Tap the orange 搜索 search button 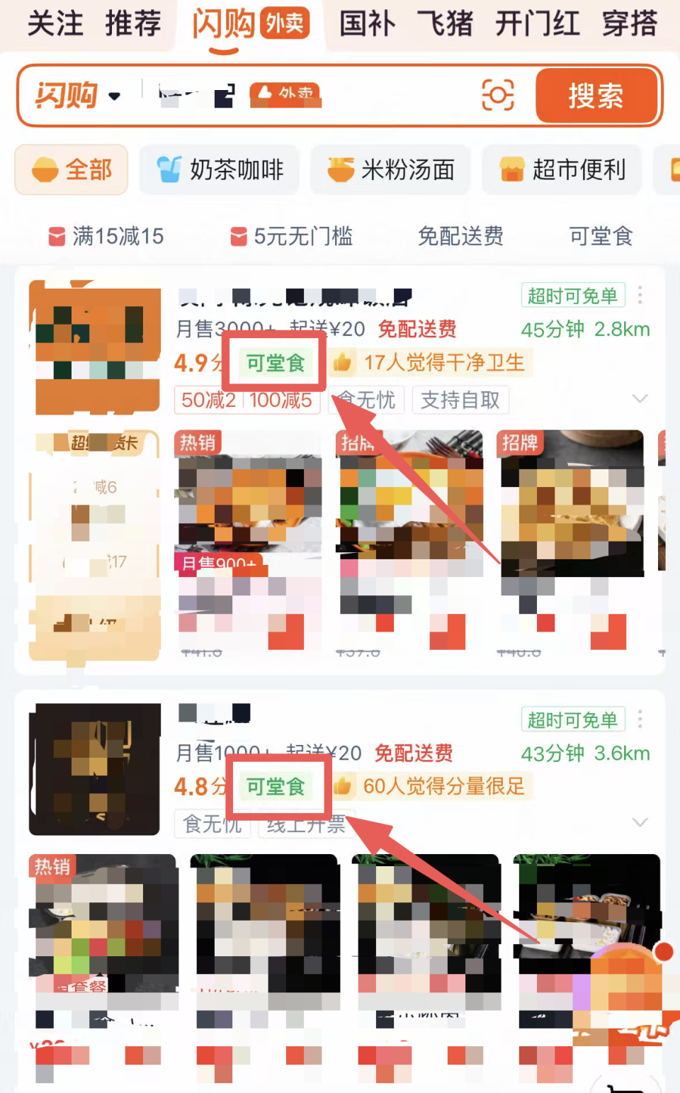tap(596, 96)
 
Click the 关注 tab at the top tap(55, 23)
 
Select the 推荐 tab tap(133, 23)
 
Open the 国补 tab tap(367, 23)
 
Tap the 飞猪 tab tap(445, 23)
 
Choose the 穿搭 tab tap(630, 23)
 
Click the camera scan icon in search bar tap(497, 95)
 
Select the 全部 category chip tap(72, 170)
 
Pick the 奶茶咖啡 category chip tap(220, 170)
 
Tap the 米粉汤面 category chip tap(390, 170)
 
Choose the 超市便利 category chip tap(562, 170)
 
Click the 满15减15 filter tap(106, 236)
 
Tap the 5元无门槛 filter tap(292, 236)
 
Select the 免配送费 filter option tap(460, 236)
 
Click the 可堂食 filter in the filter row tap(601, 236)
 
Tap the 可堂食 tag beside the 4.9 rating tap(276, 363)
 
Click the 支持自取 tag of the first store tap(460, 400)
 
